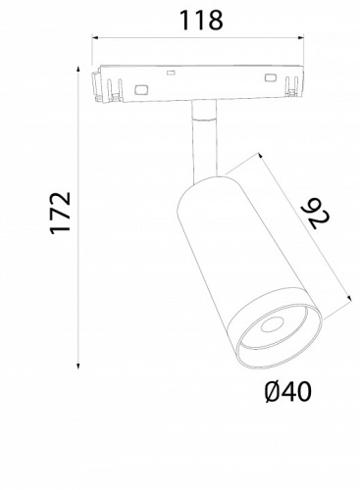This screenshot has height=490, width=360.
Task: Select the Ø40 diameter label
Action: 287,393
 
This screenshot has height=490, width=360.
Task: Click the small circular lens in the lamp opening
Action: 270,329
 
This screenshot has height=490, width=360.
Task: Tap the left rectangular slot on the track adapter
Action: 139,89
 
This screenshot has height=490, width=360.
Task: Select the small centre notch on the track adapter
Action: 172,73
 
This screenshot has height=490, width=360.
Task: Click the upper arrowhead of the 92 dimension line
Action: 264,156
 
